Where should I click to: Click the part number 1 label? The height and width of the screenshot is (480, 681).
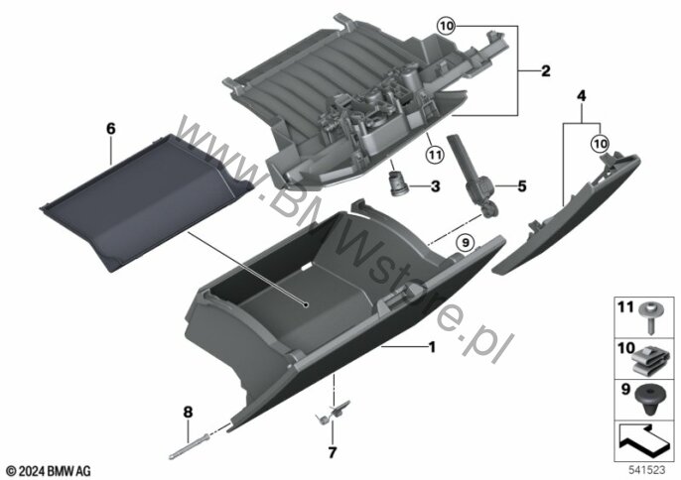(x=432, y=347)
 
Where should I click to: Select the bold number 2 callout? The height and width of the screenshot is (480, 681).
(x=546, y=70)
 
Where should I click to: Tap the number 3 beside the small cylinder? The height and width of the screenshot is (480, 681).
(x=435, y=186)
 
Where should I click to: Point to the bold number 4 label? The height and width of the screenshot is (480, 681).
(x=581, y=96)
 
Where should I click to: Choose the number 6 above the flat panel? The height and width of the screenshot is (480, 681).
(x=111, y=129)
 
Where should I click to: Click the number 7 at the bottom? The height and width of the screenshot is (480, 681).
(x=333, y=452)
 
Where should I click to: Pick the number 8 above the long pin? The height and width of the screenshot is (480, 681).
(x=188, y=412)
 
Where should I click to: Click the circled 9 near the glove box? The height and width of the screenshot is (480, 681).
(x=466, y=243)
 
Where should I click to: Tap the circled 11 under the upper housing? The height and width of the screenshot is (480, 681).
(x=435, y=154)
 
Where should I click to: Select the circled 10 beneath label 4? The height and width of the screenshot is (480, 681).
(x=600, y=143)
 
